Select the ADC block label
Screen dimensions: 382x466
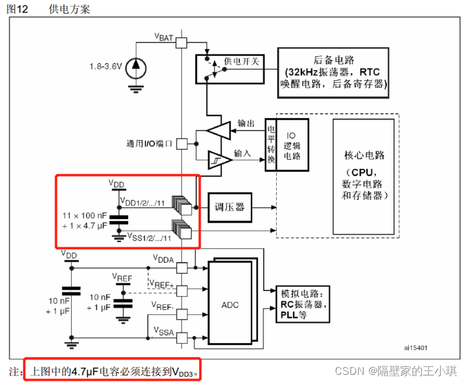229,305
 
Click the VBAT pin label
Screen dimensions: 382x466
164,38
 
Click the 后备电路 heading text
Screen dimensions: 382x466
334,60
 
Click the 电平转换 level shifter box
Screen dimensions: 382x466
271,145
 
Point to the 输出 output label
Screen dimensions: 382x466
246,123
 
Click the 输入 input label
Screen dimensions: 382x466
242,153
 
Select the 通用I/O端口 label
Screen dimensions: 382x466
149,144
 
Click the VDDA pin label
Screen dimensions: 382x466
164,259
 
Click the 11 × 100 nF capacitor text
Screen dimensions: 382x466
86,214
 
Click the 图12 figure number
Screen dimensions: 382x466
18,8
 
